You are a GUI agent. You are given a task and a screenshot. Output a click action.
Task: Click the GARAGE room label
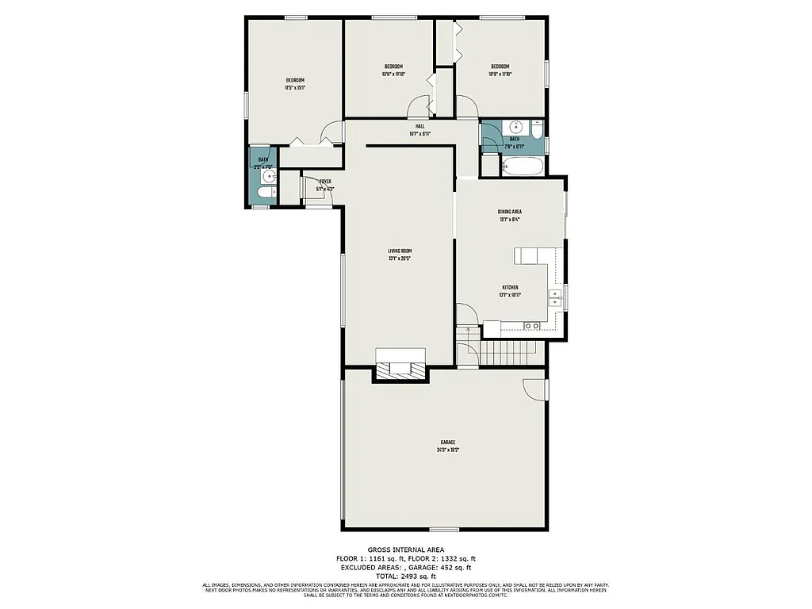(448, 442)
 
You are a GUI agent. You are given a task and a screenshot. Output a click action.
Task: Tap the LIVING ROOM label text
(400, 251)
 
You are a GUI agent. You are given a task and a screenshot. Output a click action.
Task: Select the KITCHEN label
(510, 287)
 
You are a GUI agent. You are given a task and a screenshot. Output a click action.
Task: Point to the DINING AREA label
(509, 212)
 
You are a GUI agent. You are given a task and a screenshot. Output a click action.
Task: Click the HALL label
(419, 126)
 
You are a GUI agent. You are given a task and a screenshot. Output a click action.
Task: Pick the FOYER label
(325, 182)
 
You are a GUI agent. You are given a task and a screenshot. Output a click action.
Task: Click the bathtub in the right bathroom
(523, 167)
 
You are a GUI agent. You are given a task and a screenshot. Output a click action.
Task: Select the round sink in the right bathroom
(515, 126)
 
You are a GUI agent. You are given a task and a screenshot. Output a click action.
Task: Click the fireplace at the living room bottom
(400, 368)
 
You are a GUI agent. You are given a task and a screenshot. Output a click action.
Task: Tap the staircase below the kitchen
(507, 350)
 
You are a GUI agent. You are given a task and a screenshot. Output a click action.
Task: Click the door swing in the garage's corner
(535, 388)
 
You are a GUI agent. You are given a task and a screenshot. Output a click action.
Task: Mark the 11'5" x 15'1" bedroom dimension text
(295, 88)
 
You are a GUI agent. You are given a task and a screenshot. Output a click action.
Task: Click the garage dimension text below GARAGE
(448, 450)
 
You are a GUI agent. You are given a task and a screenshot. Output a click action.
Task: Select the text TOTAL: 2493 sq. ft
(405, 576)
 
